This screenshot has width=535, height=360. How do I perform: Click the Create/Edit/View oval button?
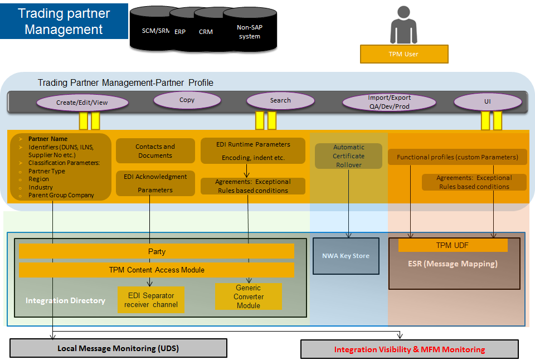(82, 103)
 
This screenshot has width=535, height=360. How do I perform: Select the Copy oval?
(187, 100)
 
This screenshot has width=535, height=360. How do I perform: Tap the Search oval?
(280, 100)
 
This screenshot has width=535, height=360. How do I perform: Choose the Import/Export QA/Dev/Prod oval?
(389, 102)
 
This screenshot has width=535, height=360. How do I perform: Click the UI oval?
(488, 101)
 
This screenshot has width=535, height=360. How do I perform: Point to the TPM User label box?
(404, 54)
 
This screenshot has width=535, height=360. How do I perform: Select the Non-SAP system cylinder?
(249, 32)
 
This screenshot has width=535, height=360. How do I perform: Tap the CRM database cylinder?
(206, 32)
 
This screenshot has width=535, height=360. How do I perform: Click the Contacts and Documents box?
(155, 151)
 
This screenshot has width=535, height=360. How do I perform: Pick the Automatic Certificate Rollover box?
(349, 156)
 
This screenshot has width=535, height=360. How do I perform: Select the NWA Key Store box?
(346, 256)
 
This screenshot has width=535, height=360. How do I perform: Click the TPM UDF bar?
(453, 245)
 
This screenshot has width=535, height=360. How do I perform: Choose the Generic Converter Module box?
(249, 297)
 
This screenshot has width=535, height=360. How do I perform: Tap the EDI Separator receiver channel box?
(151, 300)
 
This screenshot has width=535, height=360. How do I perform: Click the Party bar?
(157, 251)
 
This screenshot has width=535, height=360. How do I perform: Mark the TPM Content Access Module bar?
(157, 270)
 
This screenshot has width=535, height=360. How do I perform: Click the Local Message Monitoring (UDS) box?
(118, 348)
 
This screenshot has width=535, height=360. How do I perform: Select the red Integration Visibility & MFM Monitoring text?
(410, 349)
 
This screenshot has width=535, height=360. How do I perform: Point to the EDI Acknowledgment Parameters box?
(155, 183)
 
